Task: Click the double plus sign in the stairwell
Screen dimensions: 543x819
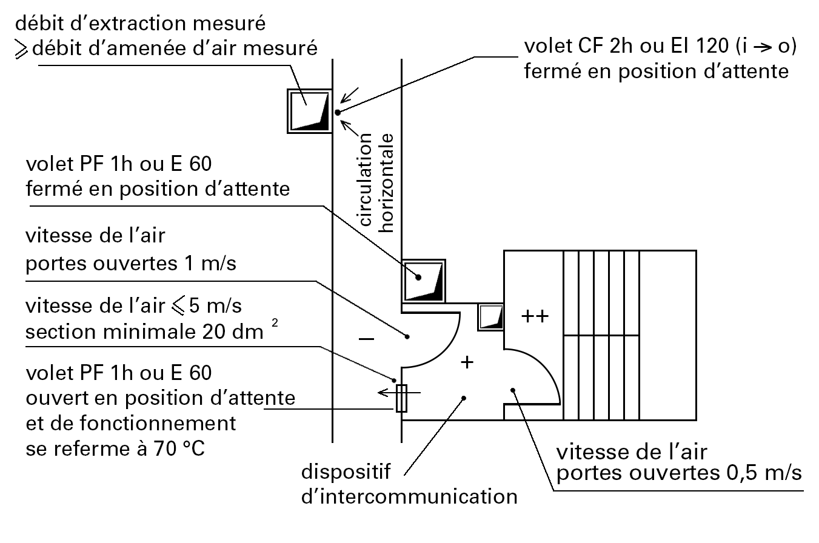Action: (x=535, y=316)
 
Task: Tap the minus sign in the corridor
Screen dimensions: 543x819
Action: (x=366, y=340)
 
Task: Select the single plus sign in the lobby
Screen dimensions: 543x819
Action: (x=466, y=362)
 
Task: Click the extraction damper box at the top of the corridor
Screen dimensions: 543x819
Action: (x=309, y=111)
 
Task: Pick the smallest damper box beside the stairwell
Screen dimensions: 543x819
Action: (x=491, y=317)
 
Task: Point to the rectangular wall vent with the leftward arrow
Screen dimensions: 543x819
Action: (x=401, y=398)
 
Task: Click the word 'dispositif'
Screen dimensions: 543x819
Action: (x=346, y=471)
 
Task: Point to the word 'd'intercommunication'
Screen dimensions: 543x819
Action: (x=410, y=497)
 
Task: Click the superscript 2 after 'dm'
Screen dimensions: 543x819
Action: (x=275, y=325)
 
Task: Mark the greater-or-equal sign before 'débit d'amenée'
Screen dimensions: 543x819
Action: (x=22, y=48)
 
